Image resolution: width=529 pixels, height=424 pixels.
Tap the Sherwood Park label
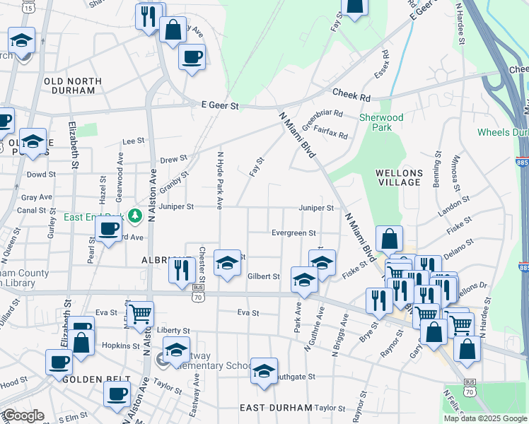point(381,122)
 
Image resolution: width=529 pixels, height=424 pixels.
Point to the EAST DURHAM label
point(276,408)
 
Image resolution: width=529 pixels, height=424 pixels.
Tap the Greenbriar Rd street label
point(322,118)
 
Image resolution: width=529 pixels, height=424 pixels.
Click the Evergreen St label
point(293,233)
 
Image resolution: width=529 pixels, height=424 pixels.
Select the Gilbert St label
point(264,276)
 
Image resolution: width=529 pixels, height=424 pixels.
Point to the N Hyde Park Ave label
point(221,179)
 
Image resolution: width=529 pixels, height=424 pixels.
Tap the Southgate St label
point(293,377)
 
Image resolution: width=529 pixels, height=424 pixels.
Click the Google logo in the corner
point(23,416)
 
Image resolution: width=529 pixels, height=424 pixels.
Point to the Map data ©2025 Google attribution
point(485,418)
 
